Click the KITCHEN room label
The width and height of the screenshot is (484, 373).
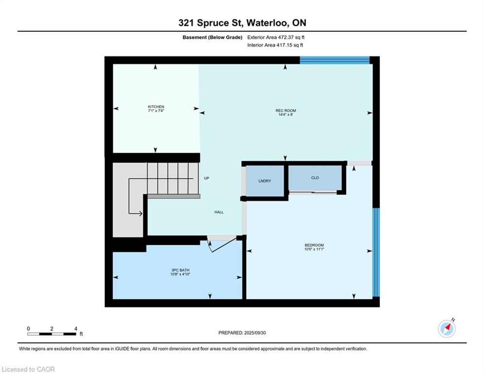click(156, 107)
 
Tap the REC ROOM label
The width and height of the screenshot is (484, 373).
click(286, 110)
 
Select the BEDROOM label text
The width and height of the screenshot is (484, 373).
click(314, 245)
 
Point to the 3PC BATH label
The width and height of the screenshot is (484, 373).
click(180, 270)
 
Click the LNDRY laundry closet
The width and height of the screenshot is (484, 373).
click(265, 181)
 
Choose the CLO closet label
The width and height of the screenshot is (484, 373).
click(315, 178)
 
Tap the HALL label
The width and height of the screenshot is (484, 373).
click(219, 212)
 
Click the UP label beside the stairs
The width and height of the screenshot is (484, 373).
click(207, 178)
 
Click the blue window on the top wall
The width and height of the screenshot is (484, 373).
click(335, 60)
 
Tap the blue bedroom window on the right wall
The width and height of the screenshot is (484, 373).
click(376, 252)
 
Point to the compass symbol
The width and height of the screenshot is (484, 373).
click(447, 328)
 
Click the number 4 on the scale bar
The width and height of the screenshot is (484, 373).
click(75, 329)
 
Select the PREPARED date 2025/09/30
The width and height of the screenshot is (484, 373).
click(255, 333)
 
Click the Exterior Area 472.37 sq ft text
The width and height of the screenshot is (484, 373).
click(276, 37)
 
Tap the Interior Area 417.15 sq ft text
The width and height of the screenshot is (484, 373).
click(275, 45)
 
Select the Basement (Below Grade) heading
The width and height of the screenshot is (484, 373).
click(213, 37)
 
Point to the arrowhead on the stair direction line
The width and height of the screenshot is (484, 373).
click(141, 213)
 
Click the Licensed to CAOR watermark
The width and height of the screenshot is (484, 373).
click(28, 369)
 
